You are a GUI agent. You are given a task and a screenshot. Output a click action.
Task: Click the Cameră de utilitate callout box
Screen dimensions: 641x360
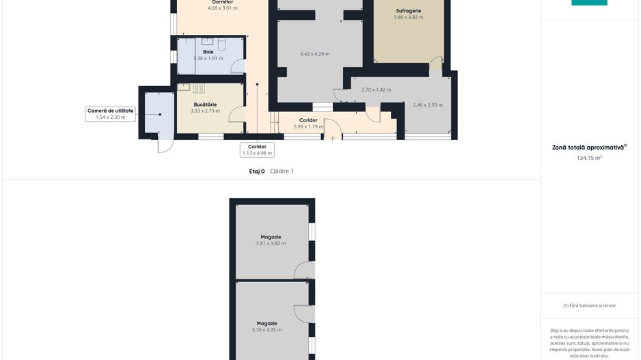[x=111, y=114]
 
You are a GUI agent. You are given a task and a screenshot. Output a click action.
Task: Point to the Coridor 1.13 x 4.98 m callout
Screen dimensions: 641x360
[x=257, y=150]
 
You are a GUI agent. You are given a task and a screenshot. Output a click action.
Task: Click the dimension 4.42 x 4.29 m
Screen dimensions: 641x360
[x=315, y=54]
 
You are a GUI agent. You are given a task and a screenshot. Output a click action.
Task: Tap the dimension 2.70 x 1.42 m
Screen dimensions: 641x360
[x=376, y=90]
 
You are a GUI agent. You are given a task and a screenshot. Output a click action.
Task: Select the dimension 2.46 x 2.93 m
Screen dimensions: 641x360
[x=428, y=105]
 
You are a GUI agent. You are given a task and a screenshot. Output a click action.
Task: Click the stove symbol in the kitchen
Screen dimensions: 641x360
[x=199, y=88]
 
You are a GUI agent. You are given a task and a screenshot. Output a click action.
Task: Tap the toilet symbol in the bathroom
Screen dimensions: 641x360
[x=221, y=44]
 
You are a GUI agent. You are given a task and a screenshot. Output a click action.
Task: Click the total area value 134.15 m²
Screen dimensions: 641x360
[x=589, y=158]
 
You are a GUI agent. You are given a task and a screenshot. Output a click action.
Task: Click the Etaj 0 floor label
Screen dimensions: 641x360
[x=257, y=171]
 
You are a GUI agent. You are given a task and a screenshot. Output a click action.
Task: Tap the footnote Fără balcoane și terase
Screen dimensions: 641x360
[x=589, y=305]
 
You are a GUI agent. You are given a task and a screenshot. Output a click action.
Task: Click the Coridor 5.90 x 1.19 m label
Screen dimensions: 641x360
[x=308, y=124]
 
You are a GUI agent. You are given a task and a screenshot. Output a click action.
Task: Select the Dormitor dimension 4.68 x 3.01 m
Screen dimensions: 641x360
[x=222, y=8]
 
